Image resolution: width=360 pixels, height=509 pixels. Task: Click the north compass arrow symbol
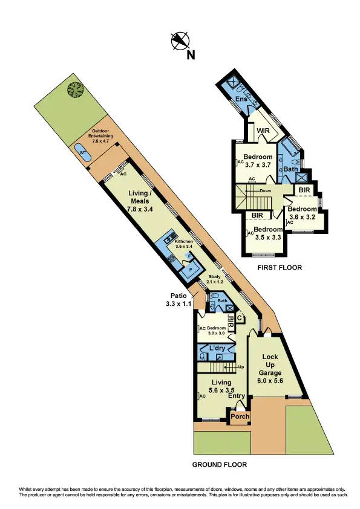(x=180, y=40)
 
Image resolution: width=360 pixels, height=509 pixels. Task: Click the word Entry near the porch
(x=237, y=396)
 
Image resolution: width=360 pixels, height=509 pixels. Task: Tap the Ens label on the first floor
(x=241, y=99)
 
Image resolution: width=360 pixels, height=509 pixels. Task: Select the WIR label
(x=263, y=130)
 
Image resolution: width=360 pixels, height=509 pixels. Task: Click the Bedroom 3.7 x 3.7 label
(x=258, y=160)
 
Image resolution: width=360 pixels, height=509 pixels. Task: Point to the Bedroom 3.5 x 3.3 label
(x=267, y=233)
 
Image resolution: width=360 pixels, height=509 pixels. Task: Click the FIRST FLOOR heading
(x=279, y=267)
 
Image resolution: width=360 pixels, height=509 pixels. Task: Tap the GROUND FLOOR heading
(x=219, y=465)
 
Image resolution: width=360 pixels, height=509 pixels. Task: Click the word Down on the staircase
(x=265, y=190)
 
